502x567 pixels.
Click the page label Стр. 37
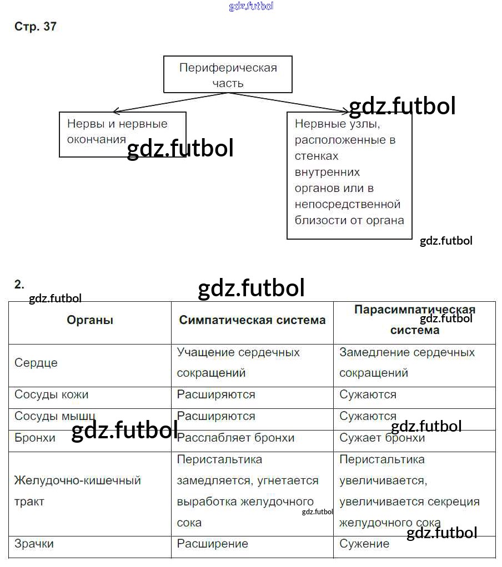point(35,27)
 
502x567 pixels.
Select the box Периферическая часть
point(228,74)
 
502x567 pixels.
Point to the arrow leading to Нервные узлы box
point(289,102)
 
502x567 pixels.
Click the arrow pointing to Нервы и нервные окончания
point(167,102)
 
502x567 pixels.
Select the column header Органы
point(90,320)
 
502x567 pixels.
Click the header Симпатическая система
point(252,320)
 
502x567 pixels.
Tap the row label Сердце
point(36,363)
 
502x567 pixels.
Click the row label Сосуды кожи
point(52,395)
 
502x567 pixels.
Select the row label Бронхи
point(35,438)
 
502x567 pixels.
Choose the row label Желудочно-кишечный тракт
point(77,490)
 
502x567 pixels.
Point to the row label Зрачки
point(34,544)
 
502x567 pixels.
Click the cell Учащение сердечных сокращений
point(238,362)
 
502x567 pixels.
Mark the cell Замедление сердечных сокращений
point(407,362)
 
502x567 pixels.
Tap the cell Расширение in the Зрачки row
point(213,544)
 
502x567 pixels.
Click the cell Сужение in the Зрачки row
point(364,544)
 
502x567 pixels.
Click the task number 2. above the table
point(19,285)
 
